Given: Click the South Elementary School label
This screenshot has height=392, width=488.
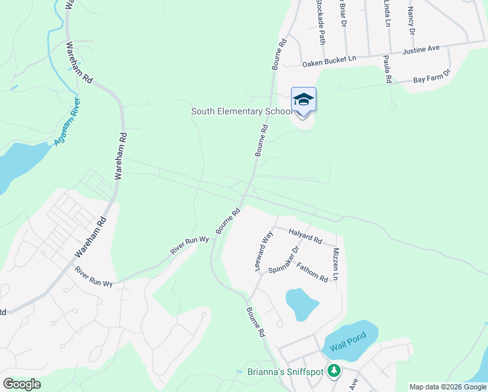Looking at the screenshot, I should coord(241,112).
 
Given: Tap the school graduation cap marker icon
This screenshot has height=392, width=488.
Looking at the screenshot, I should coord(303,100).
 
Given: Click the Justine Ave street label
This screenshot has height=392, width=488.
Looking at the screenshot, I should coord(421,48).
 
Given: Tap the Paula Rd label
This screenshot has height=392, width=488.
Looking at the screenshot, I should coord(388,69).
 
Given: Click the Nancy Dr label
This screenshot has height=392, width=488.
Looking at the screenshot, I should coord(411,20).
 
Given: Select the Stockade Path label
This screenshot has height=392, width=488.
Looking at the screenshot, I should coord(320,21).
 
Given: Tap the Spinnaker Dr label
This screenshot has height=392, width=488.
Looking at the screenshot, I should coord(287,261).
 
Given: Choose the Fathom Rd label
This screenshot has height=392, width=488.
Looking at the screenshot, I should coord(312,272).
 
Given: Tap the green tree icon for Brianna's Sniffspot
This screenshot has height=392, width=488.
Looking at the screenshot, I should coord(334,371).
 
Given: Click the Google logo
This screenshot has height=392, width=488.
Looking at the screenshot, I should coord(22,384).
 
